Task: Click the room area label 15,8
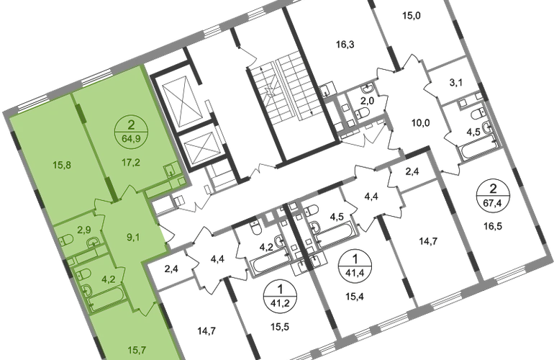[x=62, y=165]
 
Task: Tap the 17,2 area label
[x=131, y=162]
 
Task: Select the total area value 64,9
[x=131, y=139]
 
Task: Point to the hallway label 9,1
[x=133, y=237]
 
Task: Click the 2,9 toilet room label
[x=83, y=230]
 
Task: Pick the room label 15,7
[x=137, y=350]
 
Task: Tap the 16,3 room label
[x=345, y=45]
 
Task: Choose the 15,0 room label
[x=412, y=16]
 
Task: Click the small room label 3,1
[x=455, y=83]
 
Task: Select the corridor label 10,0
[x=420, y=123]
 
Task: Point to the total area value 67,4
[x=493, y=202]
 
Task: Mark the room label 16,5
[x=493, y=226]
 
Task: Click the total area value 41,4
[x=355, y=273]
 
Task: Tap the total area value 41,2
[x=280, y=303]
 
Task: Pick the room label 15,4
[x=355, y=296]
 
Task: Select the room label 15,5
[x=280, y=327]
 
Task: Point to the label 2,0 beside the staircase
[x=367, y=101]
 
